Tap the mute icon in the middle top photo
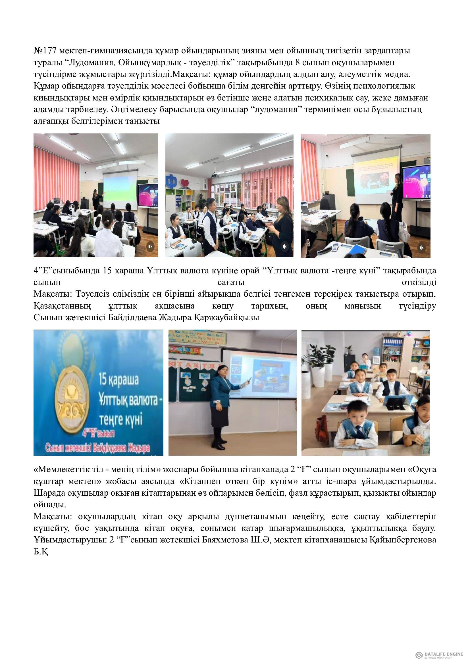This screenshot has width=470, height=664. (285, 246)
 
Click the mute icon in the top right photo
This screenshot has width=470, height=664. (422, 248)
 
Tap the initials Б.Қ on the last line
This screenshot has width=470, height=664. (41, 552)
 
